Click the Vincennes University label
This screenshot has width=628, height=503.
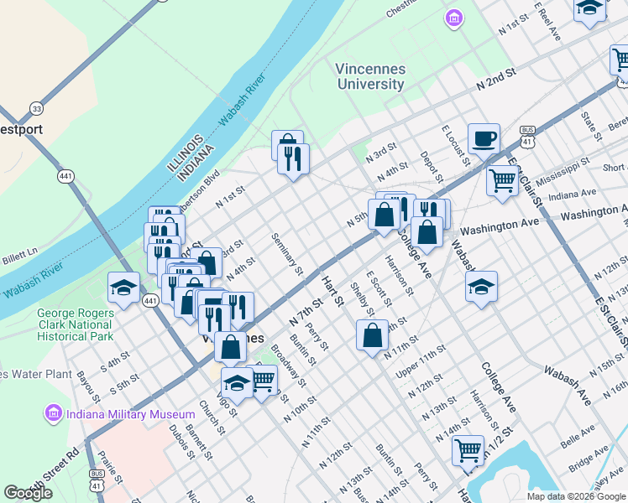(x=370, y=76)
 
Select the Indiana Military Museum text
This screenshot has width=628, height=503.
(x=120, y=414)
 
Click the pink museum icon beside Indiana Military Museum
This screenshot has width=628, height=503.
(x=54, y=414)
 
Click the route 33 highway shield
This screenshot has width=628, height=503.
(x=35, y=108)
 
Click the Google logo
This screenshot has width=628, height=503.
(x=29, y=493)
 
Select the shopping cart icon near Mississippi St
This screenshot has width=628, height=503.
(x=502, y=179)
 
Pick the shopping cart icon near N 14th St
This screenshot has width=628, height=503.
(x=468, y=449)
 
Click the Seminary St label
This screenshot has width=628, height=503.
(x=287, y=254)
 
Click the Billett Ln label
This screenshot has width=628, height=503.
(x=20, y=252)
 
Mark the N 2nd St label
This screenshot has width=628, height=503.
(x=495, y=80)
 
